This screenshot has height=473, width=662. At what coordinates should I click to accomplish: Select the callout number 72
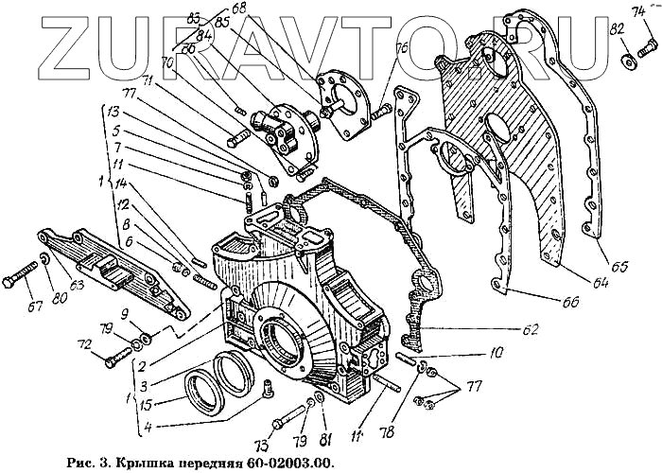(x=85, y=346)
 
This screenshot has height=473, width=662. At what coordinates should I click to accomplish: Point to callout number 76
(x=402, y=46)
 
